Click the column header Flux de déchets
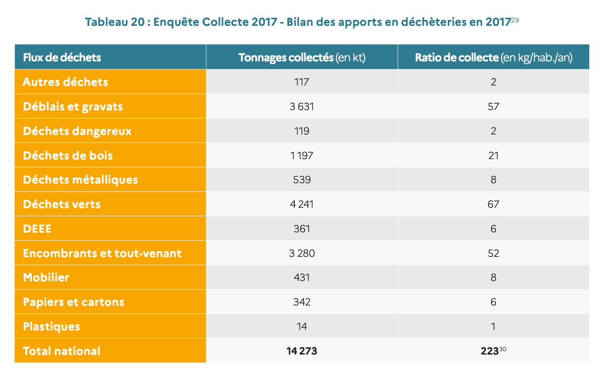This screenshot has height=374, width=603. [x=62, y=58]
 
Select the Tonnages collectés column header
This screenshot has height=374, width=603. [x=301, y=58]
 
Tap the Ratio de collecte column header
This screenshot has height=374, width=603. [x=493, y=58]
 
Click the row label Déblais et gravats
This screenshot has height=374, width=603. [x=73, y=107]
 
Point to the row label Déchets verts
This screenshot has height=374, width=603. [x=62, y=204]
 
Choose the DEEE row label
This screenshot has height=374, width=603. [x=37, y=229]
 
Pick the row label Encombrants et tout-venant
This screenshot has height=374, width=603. [x=102, y=253]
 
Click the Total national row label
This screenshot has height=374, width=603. [x=62, y=351]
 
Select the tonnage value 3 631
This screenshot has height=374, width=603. [x=301, y=107]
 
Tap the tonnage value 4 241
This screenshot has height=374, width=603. [x=301, y=204]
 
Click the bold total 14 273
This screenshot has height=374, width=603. [x=301, y=351]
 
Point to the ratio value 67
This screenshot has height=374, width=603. [x=493, y=204]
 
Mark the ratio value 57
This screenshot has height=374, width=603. [x=493, y=107]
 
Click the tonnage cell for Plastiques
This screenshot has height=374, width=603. [x=301, y=327]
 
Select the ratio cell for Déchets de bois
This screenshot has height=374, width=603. [x=493, y=156]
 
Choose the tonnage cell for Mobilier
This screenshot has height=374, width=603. [x=301, y=278]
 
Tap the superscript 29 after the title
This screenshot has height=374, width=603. [x=515, y=20]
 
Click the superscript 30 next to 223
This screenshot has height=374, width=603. [x=502, y=349]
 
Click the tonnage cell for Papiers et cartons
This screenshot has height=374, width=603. [x=301, y=302]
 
